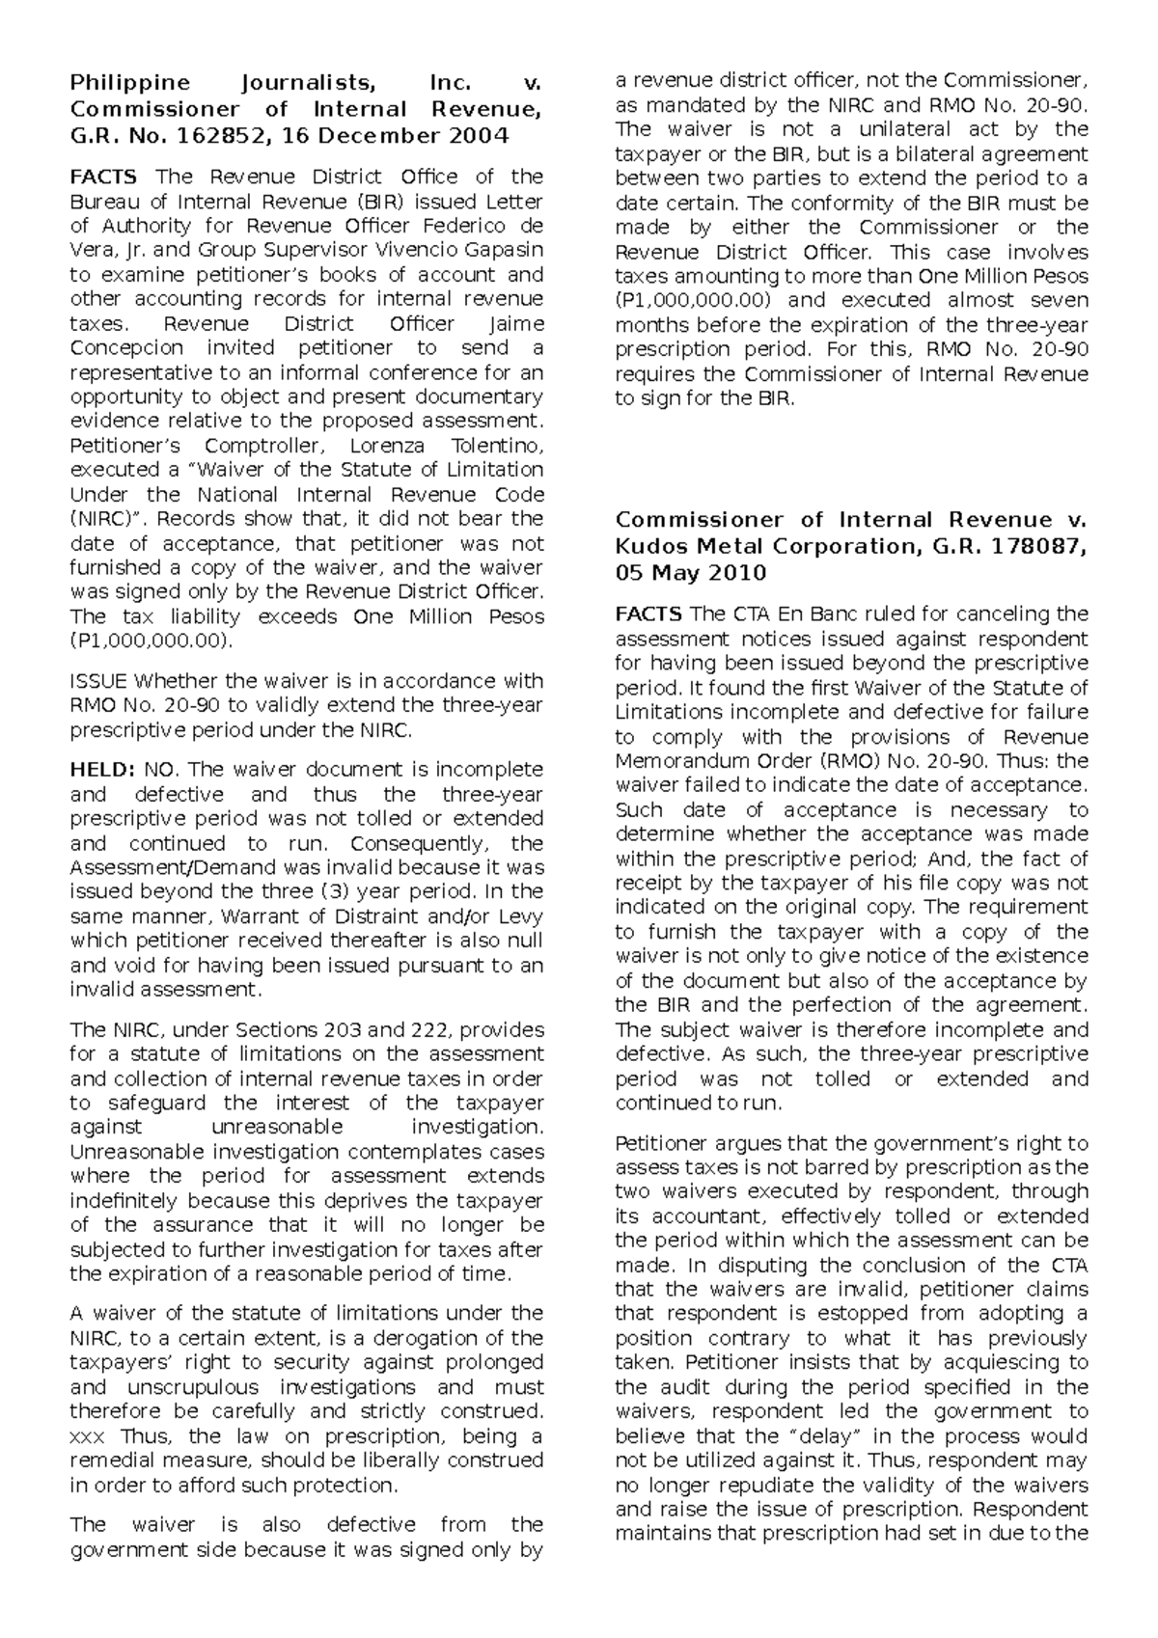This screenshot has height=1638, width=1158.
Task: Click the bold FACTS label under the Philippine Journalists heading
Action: tap(103, 177)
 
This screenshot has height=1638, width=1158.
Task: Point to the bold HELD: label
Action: tap(101, 770)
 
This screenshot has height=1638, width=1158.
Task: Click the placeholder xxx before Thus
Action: tap(88, 1436)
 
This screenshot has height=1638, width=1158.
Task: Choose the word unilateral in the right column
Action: tap(920, 130)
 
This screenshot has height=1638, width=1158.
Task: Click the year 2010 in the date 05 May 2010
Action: tap(737, 573)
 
